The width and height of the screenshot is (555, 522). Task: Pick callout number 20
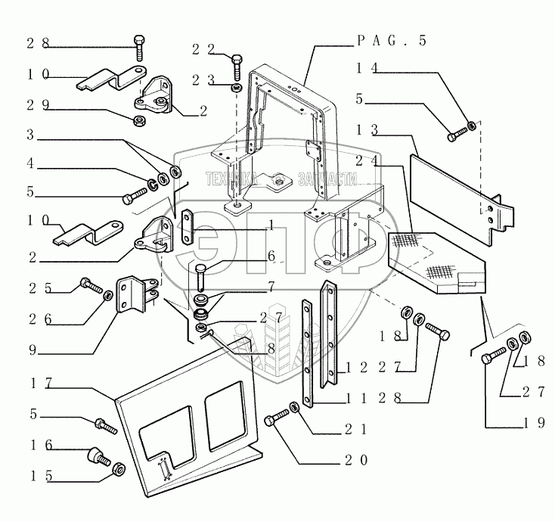pyautogui.click(x=354, y=458)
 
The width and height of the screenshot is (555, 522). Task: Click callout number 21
pyautogui.click(x=354, y=428)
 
